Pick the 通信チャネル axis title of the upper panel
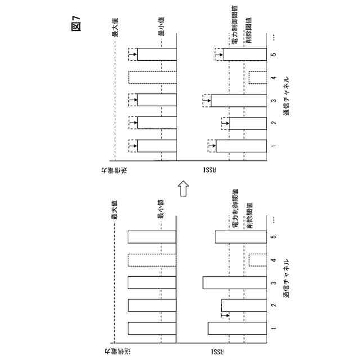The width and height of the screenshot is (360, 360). [x=288, y=96]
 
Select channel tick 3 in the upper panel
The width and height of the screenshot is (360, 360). [x=273, y=101]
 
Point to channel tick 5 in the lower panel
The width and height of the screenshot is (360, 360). [x=273, y=237]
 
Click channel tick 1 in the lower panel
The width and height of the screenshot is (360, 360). [x=273, y=328]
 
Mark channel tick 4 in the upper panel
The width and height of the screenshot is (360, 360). [x=273, y=78]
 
